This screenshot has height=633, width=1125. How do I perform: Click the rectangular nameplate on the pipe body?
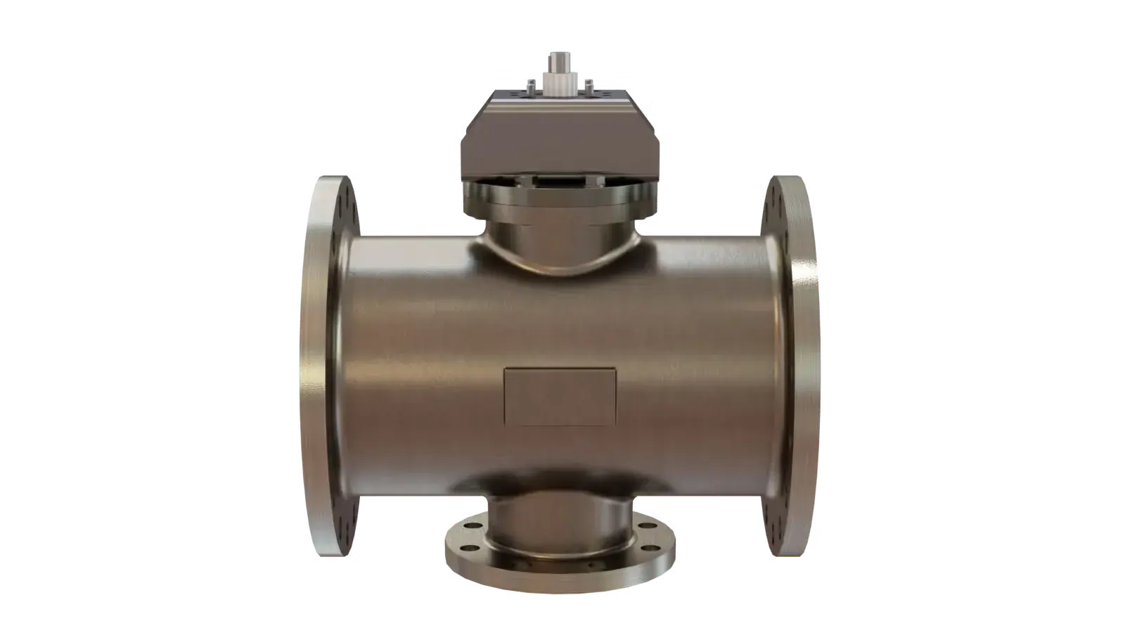(560, 397)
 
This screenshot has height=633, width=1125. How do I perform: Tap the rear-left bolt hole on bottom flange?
(473, 525)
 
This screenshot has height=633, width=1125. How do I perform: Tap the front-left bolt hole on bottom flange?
(470, 548)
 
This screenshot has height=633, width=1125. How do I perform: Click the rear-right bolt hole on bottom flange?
(648, 525)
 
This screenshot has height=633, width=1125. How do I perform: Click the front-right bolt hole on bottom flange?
(650, 548)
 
